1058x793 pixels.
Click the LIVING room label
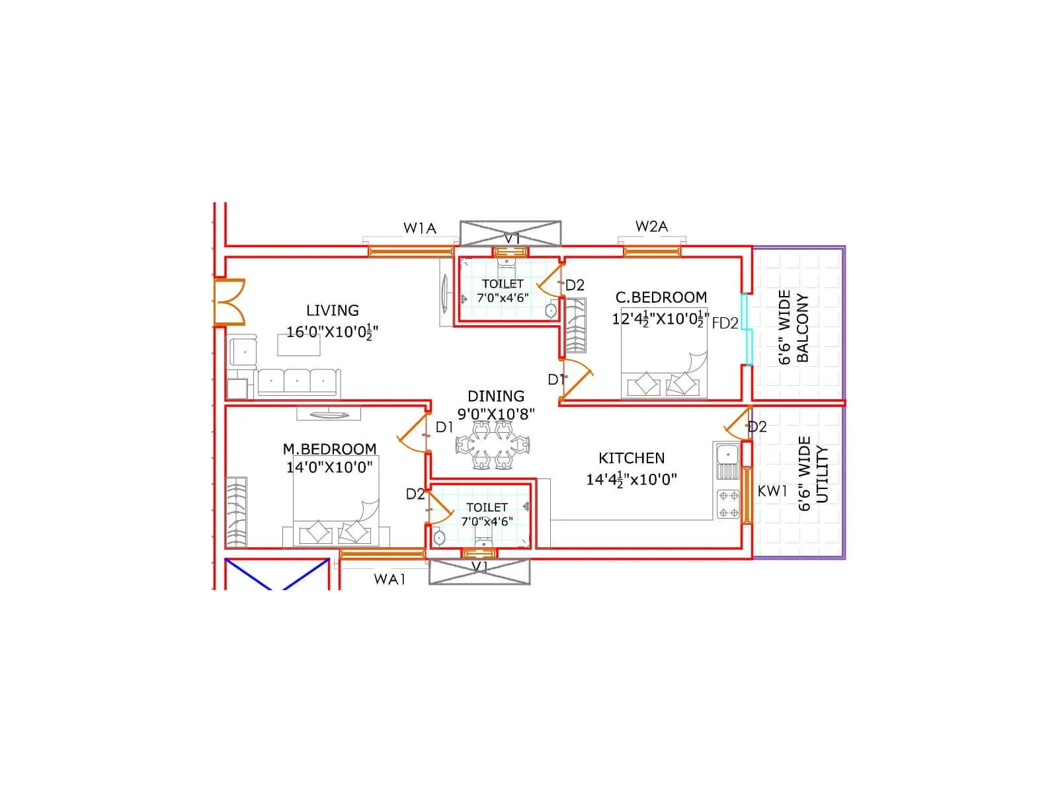333,310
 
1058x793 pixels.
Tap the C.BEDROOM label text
661,297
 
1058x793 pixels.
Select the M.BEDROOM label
329,449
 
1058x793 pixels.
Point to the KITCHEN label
631,458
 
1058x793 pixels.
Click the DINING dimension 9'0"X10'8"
496,414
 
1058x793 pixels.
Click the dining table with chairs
493,444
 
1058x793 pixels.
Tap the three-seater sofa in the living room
298,382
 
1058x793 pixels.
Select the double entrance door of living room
228,302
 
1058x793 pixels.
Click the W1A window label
420,229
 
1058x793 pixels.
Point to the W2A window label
651,227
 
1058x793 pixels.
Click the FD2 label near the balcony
725,324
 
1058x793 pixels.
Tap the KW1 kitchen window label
772,491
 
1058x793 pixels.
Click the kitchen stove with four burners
729,504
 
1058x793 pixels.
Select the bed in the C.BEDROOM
664,354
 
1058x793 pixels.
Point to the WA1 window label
389,580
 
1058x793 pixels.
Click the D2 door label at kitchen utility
757,427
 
